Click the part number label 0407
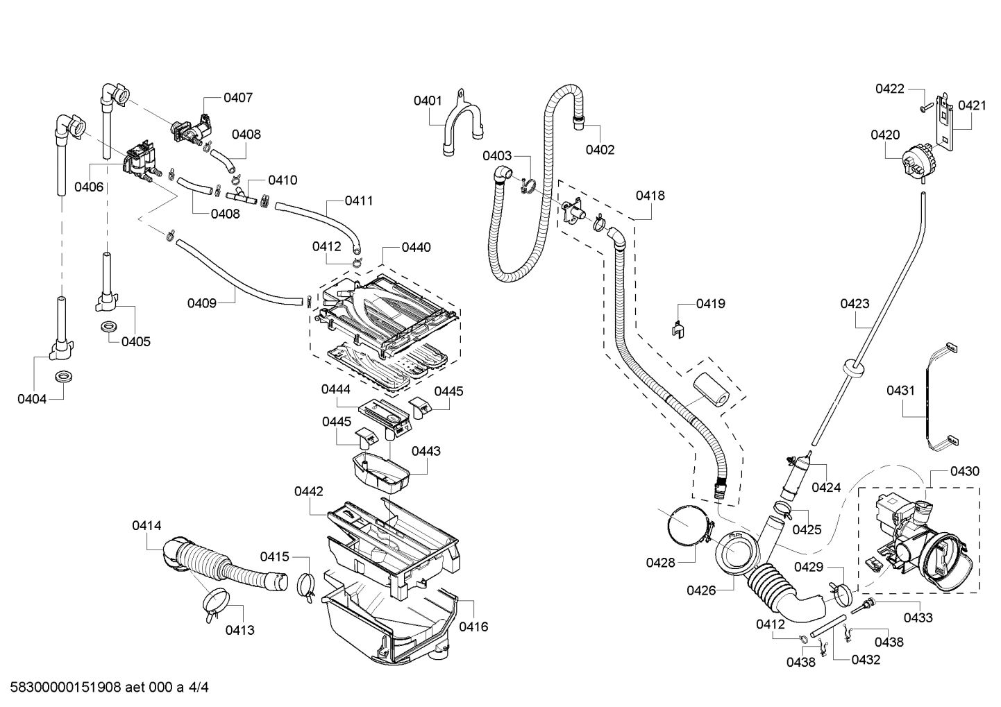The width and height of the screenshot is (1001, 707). (x=238, y=98)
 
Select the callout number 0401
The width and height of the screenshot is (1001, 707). (x=428, y=101)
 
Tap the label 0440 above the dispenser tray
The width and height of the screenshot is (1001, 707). (x=416, y=247)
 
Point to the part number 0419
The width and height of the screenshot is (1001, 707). (x=711, y=303)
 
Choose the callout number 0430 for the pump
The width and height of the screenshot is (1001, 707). (x=965, y=471)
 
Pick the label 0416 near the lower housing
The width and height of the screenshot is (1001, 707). (x=473, y=627)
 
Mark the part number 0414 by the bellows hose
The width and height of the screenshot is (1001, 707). (x=146, y=526)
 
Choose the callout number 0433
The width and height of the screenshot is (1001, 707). (x=918, y=617)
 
